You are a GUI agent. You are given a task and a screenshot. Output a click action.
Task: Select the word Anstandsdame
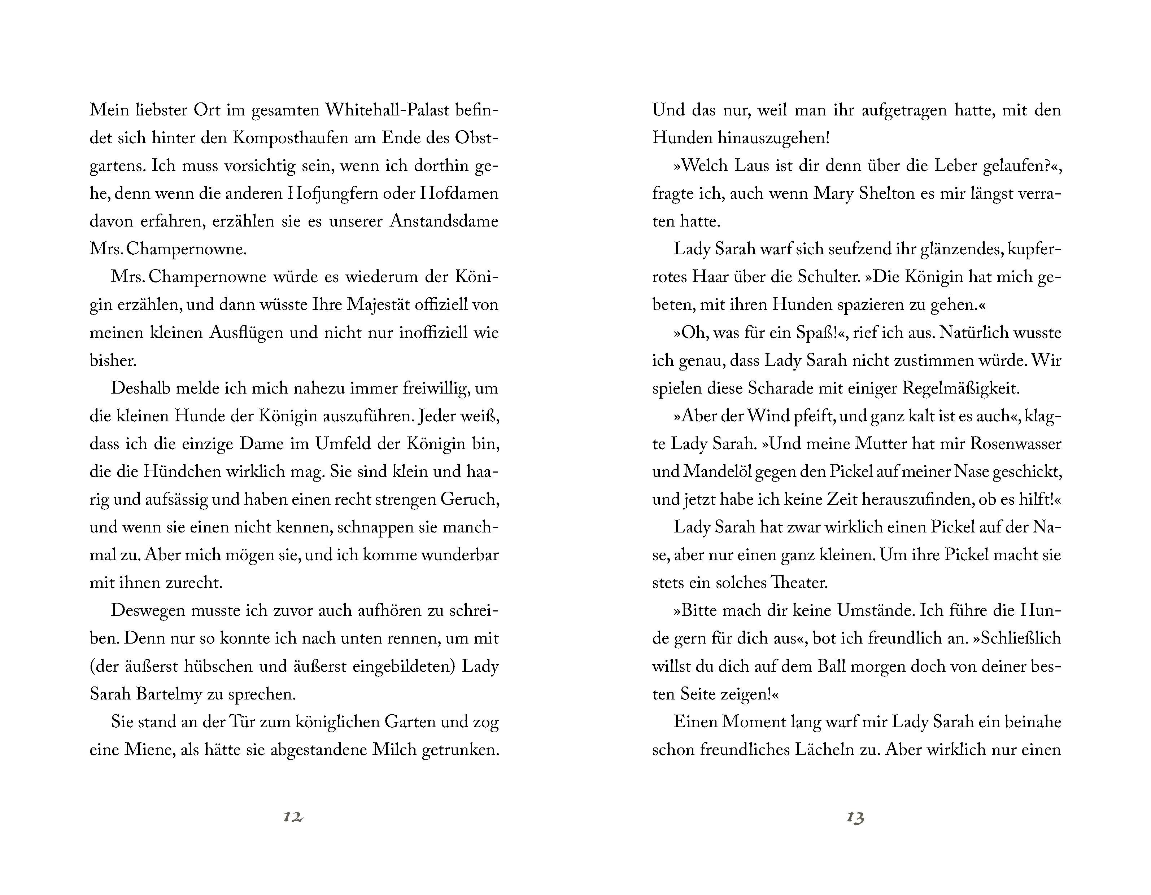coord(444,221)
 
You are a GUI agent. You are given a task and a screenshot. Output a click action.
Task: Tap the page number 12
coord(293,817)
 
